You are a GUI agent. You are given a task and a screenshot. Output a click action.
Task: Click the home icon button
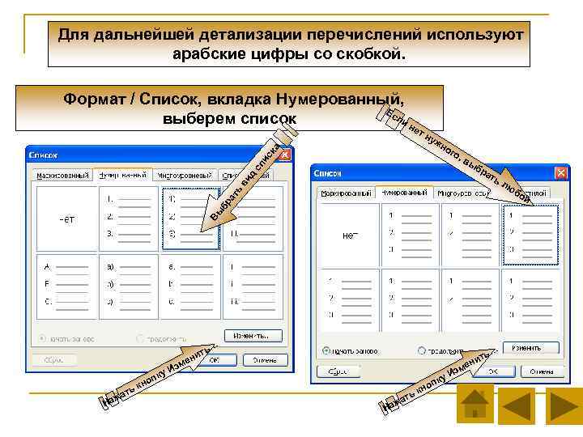474,403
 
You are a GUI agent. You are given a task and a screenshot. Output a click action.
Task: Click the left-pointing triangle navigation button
519,403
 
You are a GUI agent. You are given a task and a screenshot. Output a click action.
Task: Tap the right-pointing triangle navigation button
564,403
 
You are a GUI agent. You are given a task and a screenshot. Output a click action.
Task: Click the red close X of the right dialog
560,174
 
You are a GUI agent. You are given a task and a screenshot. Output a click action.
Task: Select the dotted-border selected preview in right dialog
530,234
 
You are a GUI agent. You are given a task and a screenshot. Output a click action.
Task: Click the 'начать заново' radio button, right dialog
326,352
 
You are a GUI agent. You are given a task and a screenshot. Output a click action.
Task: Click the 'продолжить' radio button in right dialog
423,352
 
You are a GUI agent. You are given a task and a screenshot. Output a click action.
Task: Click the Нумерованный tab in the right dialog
404,194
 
